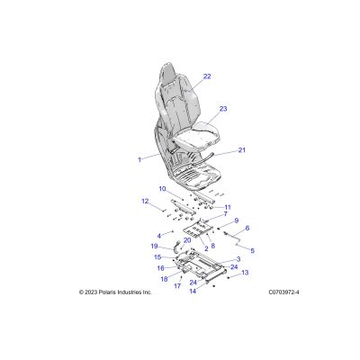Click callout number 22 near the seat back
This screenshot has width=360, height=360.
(x=207, y=76)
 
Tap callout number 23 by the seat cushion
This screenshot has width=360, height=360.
(x=223, y=109)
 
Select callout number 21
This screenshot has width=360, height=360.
(x=242, y=150)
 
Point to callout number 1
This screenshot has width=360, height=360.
(x=139, y=159)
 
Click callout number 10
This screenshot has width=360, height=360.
(x=162, y=189)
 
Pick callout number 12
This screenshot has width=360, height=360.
(x=145, y=201)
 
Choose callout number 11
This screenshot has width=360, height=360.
(x=228, y=207)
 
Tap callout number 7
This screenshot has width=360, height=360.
(x=225, y=214)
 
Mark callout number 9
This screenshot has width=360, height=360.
(x=237, y=220)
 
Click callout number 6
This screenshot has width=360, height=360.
(x=247, y=229)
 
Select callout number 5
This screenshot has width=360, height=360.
(x=252, y=250)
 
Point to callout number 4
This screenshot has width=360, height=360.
(x=159, y=236)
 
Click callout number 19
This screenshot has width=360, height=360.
(x=154, y=247)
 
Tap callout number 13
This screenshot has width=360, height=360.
(x=245, y=273)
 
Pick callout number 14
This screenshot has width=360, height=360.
(x=193, y=291)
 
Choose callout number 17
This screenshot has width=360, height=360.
(x=177, y=286)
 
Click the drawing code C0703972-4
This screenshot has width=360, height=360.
(x=283, y=292)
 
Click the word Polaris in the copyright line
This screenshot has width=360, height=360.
(x=105, y=292)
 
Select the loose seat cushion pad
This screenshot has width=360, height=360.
(x=196, y=135)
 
